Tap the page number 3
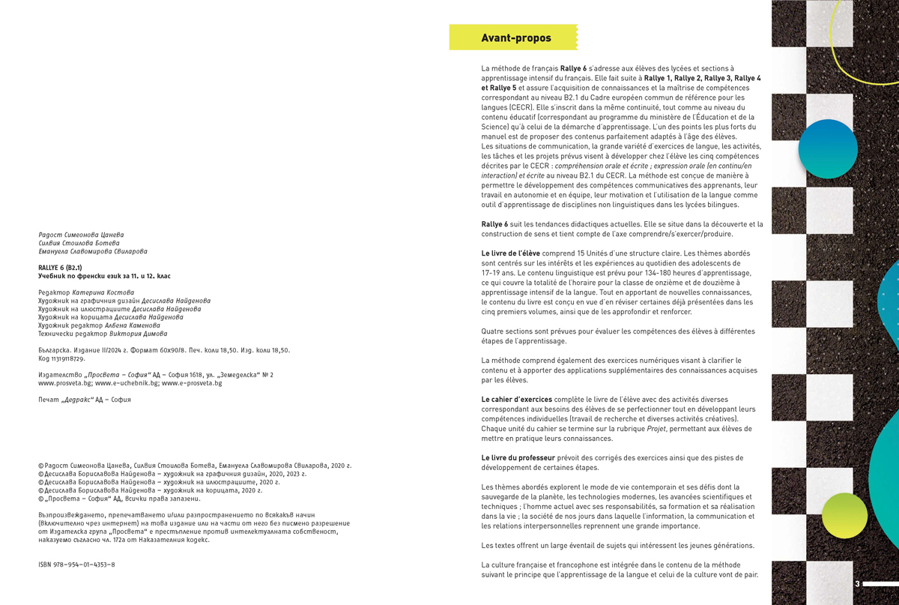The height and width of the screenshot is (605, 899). (857, 583)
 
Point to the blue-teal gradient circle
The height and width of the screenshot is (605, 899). (827, 148)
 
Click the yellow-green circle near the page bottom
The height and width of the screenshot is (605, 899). (838, 516)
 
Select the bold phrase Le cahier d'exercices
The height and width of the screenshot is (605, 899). (516, 400)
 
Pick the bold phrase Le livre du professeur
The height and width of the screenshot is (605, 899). (518, 457)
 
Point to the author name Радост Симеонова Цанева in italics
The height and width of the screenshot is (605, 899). (81, 235)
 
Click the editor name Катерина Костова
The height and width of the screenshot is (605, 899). (105, 292)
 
